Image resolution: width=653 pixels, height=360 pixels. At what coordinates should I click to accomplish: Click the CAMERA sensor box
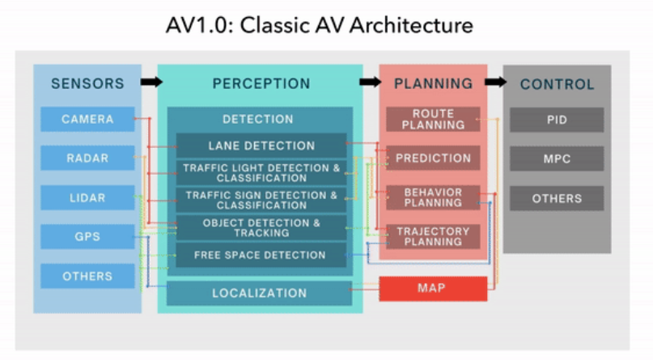87,120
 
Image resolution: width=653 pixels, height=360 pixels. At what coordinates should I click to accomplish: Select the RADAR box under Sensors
87,159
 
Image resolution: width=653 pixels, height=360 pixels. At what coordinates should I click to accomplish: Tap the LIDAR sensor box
87,197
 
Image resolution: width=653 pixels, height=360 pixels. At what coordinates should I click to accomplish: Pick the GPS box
87,236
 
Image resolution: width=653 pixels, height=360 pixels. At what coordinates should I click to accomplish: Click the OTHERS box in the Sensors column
87,276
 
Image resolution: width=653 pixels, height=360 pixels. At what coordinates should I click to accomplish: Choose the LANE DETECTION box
261,146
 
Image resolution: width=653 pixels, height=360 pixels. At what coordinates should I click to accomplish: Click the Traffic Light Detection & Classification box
261,173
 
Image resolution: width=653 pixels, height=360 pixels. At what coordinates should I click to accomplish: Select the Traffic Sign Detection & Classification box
261,200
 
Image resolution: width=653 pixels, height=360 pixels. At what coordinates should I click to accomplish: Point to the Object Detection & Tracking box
261,227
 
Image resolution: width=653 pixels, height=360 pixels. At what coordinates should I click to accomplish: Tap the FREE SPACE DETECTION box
261,255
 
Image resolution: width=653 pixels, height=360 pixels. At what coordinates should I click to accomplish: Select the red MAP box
433,289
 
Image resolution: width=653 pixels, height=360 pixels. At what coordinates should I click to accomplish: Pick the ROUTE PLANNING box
433,120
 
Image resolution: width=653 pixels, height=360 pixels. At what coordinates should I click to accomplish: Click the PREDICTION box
433,159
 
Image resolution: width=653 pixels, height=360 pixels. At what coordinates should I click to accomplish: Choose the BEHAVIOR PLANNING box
433,197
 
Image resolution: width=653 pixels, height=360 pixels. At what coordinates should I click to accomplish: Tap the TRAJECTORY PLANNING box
433,236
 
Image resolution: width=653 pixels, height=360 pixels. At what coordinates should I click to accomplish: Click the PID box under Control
556,120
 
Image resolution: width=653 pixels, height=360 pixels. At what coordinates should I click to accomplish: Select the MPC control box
556,159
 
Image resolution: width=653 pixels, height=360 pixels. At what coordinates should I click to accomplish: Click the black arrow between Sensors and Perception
151,82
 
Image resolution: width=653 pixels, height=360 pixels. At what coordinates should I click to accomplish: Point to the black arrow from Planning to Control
495,82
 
